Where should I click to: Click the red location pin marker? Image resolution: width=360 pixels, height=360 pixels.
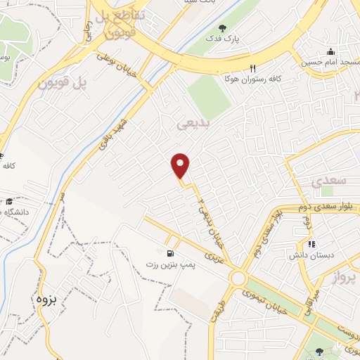181,166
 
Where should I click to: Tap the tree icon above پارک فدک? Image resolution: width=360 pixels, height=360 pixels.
222,28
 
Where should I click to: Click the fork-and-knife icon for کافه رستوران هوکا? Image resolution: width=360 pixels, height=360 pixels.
252,68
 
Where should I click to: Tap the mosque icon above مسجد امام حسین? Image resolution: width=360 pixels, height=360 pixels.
330,51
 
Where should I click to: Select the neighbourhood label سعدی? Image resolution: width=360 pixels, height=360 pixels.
329,181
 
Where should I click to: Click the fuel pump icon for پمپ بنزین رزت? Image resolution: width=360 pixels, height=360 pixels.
169,253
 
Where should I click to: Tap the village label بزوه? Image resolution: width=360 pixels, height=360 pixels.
44,298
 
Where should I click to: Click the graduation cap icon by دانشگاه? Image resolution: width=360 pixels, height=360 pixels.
10,201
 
